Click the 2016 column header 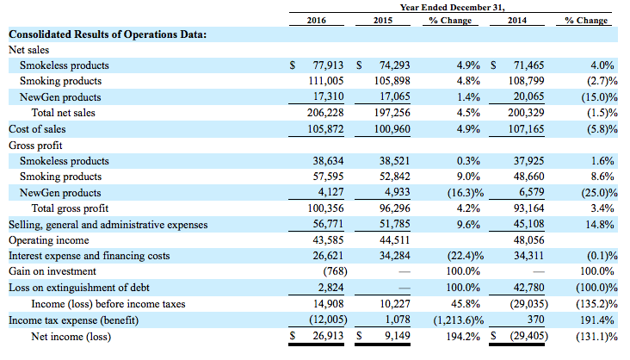click(x=316, y=20)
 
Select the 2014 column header click(x=516, y=20)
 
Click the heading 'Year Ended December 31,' click(x=452, y=7)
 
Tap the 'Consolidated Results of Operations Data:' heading click(x=108, y=34)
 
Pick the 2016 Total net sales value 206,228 click(x=325, y=113)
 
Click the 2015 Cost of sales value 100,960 click(x=392, y=129)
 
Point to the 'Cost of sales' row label click(x=37, y=129)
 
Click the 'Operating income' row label click(x=49, y=240)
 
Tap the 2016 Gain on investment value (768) click(x=335, y=271)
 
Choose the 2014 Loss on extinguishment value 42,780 click(x=528, y=288)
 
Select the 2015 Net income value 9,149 click(x=398, y=336)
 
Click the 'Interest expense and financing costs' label click(x=90, y=256)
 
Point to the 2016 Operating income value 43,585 click(x=328, y=240)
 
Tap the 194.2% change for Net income click(x=463, y=336)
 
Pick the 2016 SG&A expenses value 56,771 click(x=328, y=224)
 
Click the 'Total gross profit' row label click(x=70, y=208)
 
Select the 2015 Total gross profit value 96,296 click(x=394, y=208)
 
